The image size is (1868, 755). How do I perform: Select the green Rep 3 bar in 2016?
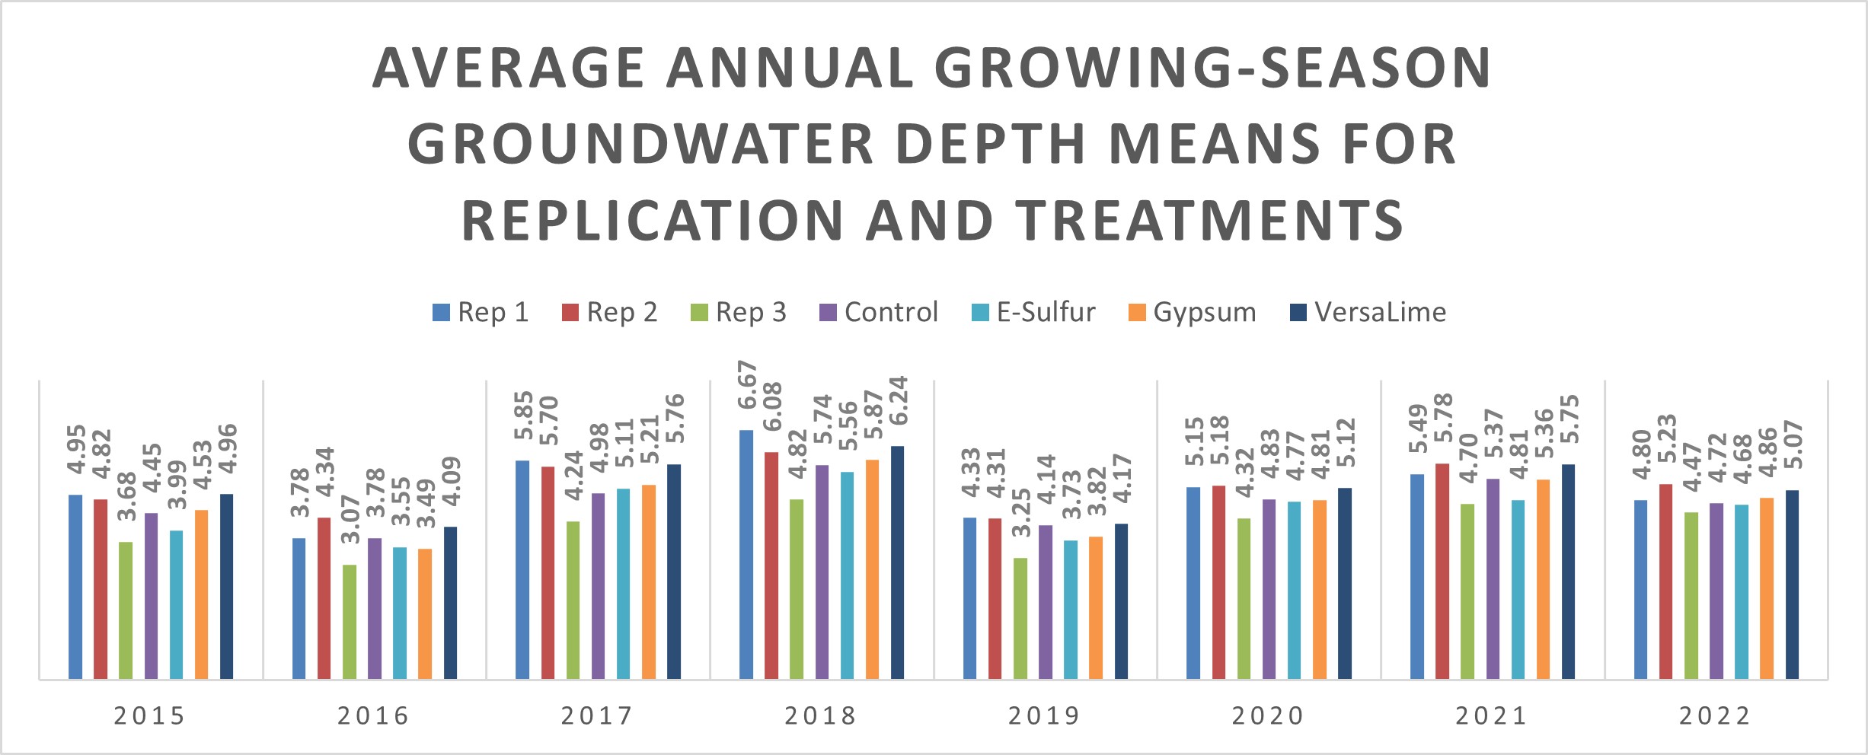(x=350, y=622)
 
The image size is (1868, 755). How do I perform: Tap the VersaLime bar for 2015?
(x=226, y=586)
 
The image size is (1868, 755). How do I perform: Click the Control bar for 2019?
(x=1046, y=601)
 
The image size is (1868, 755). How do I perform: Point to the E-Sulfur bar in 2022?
(x=1742, y=591)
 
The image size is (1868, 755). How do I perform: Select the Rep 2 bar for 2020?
(x=1218, y=582)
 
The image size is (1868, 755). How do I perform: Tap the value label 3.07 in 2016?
(x=350, y=519)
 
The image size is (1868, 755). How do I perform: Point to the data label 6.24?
(x=899, y=400)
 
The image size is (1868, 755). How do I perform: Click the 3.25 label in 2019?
(x=1021, y=512)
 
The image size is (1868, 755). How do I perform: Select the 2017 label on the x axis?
(x=598, y=716)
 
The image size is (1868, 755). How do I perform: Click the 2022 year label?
(x=1716, y=716)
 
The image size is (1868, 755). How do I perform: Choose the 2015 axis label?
(x=150, y=716)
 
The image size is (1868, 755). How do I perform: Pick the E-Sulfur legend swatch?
(x=980, y=313)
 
